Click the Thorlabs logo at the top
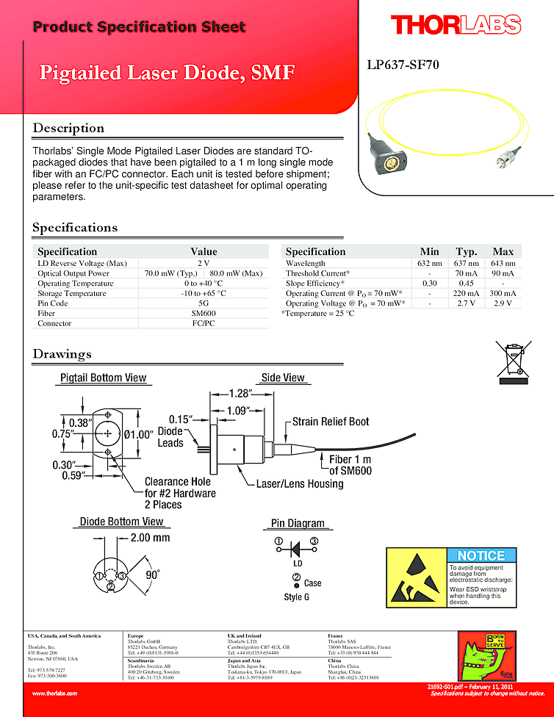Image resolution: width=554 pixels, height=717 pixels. [x=456, y=25]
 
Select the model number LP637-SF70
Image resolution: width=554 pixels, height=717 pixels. [x=403, y=65]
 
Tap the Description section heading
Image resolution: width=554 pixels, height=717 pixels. [x=68, y=129]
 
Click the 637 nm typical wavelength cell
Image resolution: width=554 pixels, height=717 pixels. [x=466, y=263]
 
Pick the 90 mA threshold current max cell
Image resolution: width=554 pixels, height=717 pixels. [x=503, y=273]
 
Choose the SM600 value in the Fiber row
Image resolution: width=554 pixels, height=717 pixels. [x=204, y=313]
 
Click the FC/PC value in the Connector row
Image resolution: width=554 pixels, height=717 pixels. [x=204, y=323]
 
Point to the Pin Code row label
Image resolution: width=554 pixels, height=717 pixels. [x=53, y=303]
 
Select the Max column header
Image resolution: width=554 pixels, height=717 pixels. [x=503, y=251]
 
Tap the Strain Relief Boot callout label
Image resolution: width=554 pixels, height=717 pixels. [x=331, y=422]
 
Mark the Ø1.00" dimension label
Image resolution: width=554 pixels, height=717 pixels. [x=138, y=434]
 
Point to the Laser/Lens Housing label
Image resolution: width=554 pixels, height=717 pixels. [x=299, y=484]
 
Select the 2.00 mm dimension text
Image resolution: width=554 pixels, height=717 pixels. [x=150, y=538]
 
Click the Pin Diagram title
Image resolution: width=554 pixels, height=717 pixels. [x=298, y=523]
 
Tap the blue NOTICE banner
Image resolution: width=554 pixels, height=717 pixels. [x=481, y=555]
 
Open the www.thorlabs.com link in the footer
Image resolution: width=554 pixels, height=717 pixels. [x=55, y=693]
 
